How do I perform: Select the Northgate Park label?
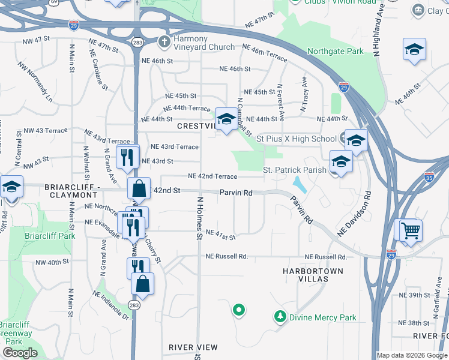[335, 52]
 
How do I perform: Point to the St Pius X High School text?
[297, 139]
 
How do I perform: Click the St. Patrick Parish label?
[295, 170]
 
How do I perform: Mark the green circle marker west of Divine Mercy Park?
[238, 310]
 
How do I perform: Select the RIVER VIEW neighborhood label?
[193, 347]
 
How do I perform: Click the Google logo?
[19, 353]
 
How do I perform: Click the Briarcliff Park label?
[50, 236]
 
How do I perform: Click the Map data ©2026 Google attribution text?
[411, 355]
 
